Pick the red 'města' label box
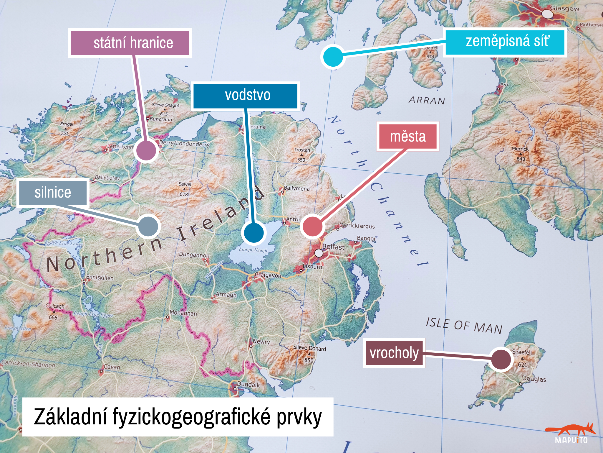tap(408, 136)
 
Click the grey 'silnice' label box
tap(53, 193)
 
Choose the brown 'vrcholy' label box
tap(394, 353)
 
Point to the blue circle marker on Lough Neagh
tap(254, 233)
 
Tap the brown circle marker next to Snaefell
tap(501, 359)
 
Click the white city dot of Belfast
tap(319, 253)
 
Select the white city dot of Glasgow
tap(547, 14)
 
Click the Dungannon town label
tap(194, 255)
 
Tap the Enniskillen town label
tap(100, 278)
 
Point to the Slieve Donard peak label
tap(309, 348)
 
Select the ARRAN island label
tap(427, 101)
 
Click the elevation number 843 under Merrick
tap(521, 159)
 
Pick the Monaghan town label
tap(183, 313)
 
